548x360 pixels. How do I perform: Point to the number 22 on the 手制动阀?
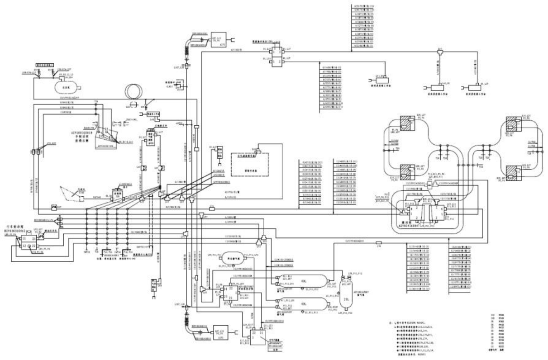(x=107, y=129)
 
